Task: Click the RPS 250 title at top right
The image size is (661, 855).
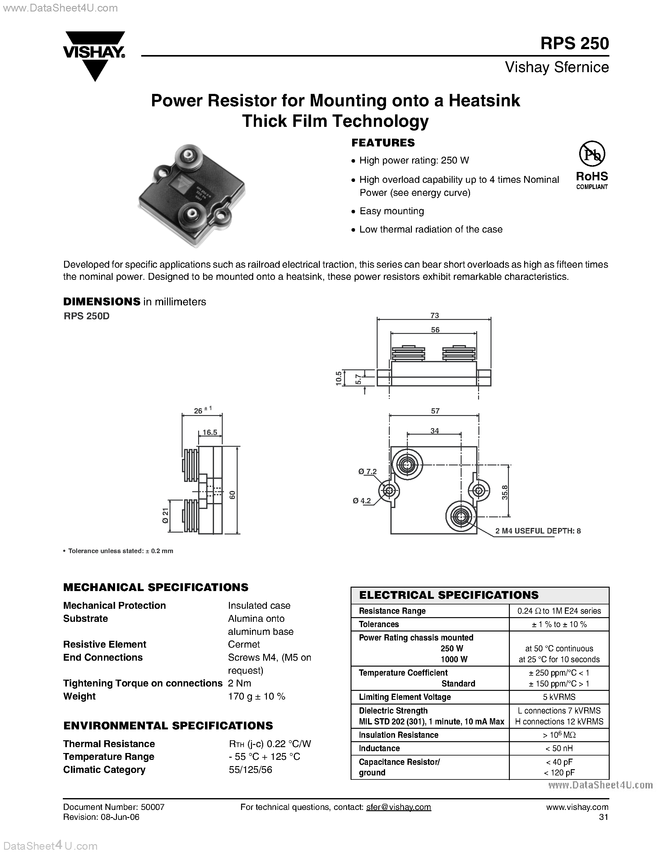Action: coord(574,44)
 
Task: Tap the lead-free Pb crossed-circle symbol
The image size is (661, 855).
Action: coord(592,154)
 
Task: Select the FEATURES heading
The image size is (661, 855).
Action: coord(383,143)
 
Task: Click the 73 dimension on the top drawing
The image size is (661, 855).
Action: coord(434,316)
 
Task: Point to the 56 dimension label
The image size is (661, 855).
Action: coord(435,330)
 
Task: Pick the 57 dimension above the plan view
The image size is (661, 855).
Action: coord(435,411)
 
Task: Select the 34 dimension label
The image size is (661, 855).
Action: coord(435,431)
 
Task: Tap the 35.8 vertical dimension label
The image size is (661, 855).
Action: coord(505,492)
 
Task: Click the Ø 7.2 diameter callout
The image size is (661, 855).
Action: coord(367,472)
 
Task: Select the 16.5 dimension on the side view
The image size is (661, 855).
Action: coord(210,432)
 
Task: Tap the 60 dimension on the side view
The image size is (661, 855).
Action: coord(232,495)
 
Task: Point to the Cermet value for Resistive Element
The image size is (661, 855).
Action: coord(244,645)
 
